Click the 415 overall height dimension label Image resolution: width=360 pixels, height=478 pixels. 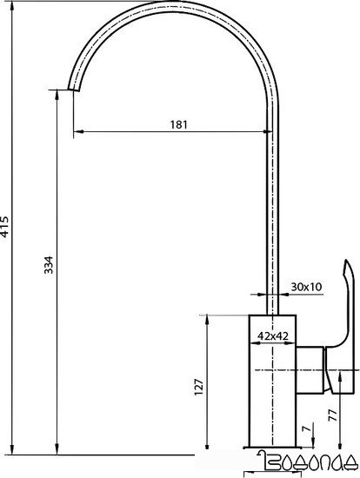[8, 227]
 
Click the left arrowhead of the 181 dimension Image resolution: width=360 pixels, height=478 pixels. [79, 132]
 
